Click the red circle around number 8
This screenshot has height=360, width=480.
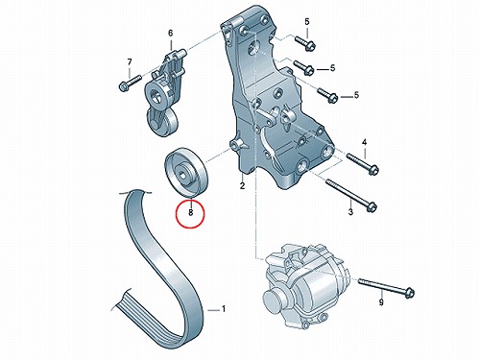point(190,201)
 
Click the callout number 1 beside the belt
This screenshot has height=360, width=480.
point(224,309)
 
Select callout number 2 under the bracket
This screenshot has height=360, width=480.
point(242,185)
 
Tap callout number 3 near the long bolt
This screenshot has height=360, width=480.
point(350,211)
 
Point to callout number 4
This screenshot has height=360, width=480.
point(365,142)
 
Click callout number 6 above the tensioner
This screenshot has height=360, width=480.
point(170,33)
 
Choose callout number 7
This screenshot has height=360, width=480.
point(130,61)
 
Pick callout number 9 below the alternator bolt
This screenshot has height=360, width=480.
point(381,301)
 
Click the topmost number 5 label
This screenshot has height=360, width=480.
point(307,22)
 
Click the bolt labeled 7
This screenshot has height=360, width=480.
point(130,82)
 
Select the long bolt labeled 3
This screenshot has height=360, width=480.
point(350,195)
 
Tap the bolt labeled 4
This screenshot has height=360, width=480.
point(363,163)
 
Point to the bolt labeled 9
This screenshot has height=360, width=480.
point(386,288)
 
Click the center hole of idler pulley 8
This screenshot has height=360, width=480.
point(181,175)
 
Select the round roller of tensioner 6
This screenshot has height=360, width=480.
point(161,122)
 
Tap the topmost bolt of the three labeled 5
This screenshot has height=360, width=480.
point(305,43)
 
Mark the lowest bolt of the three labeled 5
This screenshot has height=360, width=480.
point(328,95)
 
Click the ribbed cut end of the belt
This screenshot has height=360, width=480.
point(123,304)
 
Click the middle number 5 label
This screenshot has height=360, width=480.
point(333,68)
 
